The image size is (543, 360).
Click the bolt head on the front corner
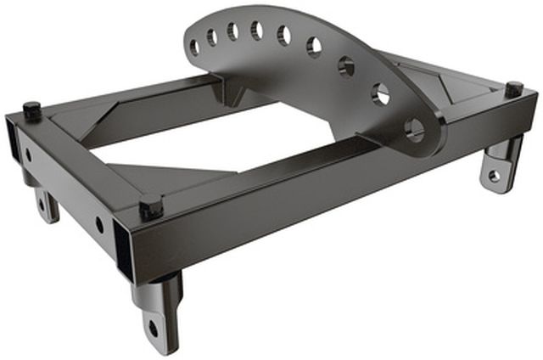tap(150, 206)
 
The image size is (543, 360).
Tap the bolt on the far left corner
tap(32, 110)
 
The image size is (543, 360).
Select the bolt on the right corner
tap(513, 88)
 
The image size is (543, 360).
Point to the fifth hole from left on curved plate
tap(283, 35)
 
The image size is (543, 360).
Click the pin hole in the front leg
tap(154, 327)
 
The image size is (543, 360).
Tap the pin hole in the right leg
tap(495, 175)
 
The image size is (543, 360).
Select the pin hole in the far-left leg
tap(41, 205)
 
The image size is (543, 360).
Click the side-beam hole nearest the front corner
tap(100, 225)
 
